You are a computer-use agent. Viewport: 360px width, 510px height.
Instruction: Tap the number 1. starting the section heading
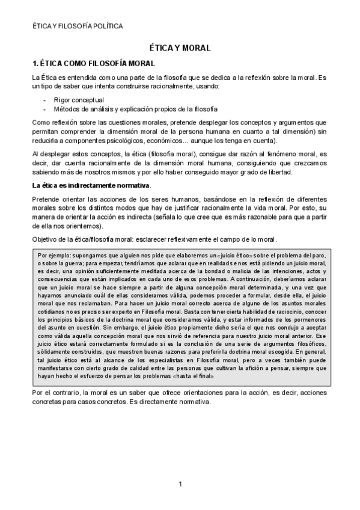pyautogui.click(x=35, y=63)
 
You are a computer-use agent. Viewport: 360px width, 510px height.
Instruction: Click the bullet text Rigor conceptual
pyautogui.click(x=79, y=99)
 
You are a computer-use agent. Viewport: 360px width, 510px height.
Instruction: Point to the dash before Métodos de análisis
pyautogui.click(x=45, y=109)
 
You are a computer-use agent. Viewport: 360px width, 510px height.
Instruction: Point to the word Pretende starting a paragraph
pyautogui.click(x=46, y=198)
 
